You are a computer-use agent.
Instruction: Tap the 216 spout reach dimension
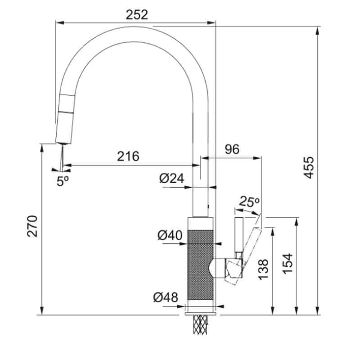pyautogui.click(x=128, y=156)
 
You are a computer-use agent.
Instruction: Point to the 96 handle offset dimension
pyautogui.click(x=232, y=149)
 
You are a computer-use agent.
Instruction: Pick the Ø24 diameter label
pyautogui.click(x=171, y=179)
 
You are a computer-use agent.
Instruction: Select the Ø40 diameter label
pyautogui.click(x=170, y=235)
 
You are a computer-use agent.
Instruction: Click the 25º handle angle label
pyautogui.click(x=249, y=202)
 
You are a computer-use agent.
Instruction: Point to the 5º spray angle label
pyautogui.click(x=63, y=180)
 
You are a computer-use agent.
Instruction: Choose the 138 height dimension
pyautogui.click(x=264, y=270)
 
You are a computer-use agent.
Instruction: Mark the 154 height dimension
pyautogui.click(x=288, y=264)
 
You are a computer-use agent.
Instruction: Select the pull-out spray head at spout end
pyautogui.click(x=63, y=119)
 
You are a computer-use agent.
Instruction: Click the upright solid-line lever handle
pyautogui.click(x=238, y=236)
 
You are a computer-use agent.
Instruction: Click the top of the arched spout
pyautogui.click(x=135, y=34)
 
